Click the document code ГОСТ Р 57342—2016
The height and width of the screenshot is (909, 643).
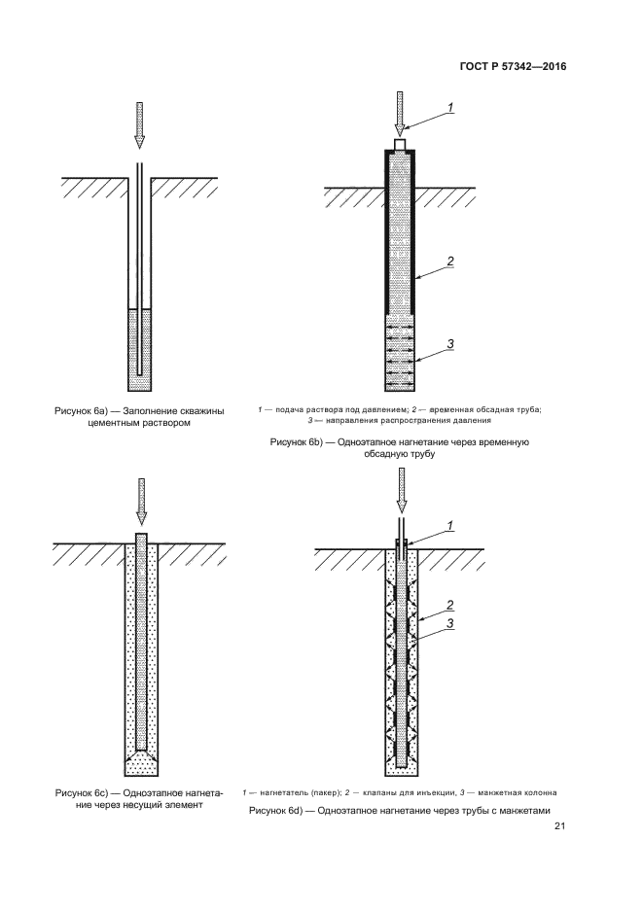[x=512, y=67]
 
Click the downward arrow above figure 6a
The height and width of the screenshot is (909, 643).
[x=139, y=122]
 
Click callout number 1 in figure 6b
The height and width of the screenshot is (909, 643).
[x=450, y=105]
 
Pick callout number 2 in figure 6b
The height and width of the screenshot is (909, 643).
[x=450, y=261]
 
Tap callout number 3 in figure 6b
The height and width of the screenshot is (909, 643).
[x=450, y=342]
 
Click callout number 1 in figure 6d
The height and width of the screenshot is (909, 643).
[x=450, y=525]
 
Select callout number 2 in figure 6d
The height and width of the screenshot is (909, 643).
[x=450, y=604]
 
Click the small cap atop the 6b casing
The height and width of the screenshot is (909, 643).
[x=399, y=144]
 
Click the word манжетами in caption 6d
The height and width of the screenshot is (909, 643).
[x=519, y=811]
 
